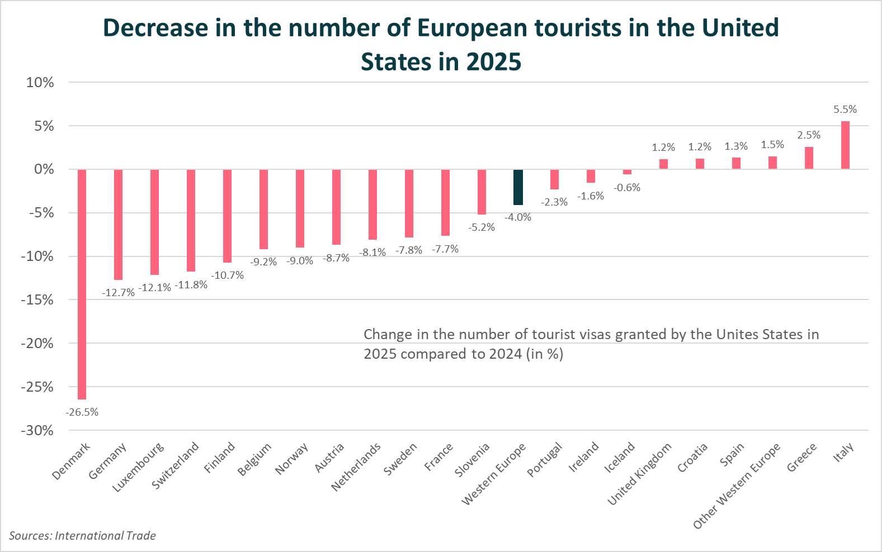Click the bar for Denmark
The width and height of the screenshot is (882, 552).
tap(82, 284)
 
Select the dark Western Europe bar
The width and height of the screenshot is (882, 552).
tap(518, 187)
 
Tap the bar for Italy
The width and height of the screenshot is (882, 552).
tap(845, 145)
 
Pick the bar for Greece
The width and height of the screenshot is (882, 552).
tap(809, 158)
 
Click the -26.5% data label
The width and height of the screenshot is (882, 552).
tap(82, 412)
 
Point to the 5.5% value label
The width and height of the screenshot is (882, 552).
tap(845, 110)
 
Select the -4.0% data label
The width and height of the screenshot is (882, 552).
tap(518, 217)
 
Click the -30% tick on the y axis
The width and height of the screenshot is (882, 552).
tap(37, 431)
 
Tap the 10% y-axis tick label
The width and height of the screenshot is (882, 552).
tap(40, 83)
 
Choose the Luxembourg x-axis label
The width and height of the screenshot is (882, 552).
tap(138, 468)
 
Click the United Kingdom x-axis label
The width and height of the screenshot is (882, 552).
tap(639, 474)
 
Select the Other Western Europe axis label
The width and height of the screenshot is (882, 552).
tap(736, 487)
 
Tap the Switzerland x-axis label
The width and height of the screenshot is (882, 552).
tap(175, 466)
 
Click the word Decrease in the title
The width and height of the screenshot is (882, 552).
tap(162, 28)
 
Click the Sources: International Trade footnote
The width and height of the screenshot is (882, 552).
tap(82, 536)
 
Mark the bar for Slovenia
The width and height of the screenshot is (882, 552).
tap(482, 192)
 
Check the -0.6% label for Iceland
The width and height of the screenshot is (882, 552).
tap(627, 188)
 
